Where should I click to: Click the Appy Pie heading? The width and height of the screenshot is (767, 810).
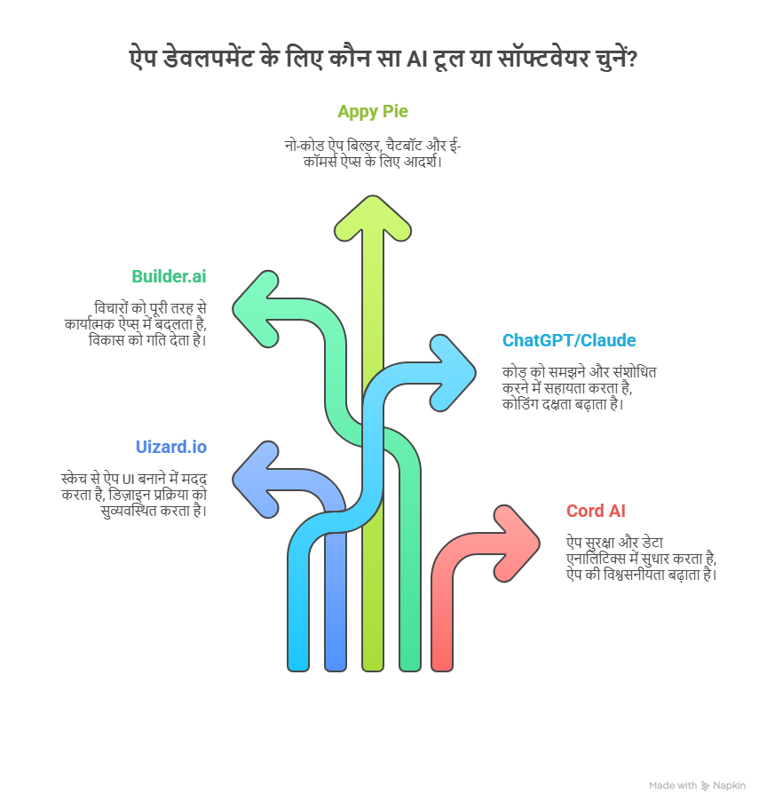tap(372, 112)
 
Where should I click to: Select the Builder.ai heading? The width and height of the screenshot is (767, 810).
tap(169, 276)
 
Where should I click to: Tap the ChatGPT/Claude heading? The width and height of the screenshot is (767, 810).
tap(569, 340)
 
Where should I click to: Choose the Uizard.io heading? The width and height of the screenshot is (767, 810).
tap(171, 447)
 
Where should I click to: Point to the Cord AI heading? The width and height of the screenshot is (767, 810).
tap(596, 511)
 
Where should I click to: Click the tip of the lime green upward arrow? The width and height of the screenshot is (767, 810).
tap(372, 196)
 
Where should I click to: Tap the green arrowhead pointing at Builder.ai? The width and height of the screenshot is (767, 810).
tap(257, 309)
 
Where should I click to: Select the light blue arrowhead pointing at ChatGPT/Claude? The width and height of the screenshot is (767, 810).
tap(453, 373)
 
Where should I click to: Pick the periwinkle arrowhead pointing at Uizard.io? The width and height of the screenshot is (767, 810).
tap(257, 480)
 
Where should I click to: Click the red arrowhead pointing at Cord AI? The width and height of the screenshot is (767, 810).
tap(517, 544)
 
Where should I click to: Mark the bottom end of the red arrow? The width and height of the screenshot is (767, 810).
tap(442, 670)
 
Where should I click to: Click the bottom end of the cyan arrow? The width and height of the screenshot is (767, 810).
tap(298, 670)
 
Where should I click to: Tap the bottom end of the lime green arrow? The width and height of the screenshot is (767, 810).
tap(372, 670)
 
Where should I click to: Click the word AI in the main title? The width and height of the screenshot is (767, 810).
tap(417, 59)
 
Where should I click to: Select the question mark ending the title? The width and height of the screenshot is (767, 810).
tap(632, 59)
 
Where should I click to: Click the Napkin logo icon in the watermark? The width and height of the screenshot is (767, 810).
tap(705, 786)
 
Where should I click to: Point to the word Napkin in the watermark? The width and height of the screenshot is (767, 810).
tap(730, 785)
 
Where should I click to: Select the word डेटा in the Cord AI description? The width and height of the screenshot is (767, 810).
tap(652, 543)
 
